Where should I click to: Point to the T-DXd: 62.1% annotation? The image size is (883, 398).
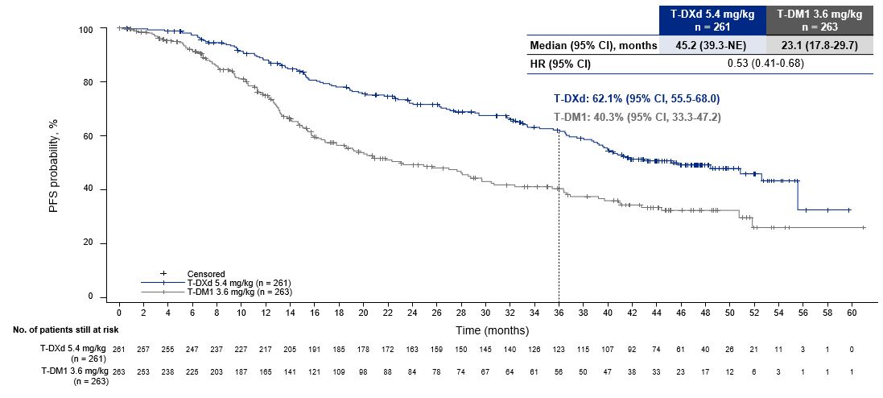(637, 98)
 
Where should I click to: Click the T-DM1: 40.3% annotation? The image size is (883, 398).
(637, 118)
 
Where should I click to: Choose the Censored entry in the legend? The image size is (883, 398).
(205, 274)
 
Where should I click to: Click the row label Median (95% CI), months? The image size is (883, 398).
(593, 46)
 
